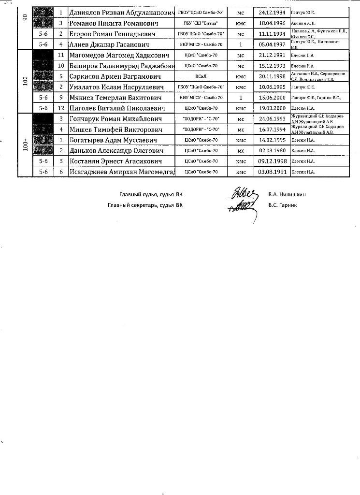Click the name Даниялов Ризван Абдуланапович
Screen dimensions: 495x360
(x=122, y=12)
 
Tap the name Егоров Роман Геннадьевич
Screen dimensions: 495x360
(x=113, y=34)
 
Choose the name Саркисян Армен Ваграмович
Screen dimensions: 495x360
(x=115, y=76)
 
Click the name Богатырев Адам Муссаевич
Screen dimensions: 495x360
(x=113, y=140)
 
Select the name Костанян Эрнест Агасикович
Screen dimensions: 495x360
(x=115, y=161)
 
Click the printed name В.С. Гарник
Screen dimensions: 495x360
(x=283, y=205)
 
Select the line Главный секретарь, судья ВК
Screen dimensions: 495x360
(x=145, y=205)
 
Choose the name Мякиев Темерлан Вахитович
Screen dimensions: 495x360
(x=115, y=98)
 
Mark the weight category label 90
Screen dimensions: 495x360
(x=25, y=17)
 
